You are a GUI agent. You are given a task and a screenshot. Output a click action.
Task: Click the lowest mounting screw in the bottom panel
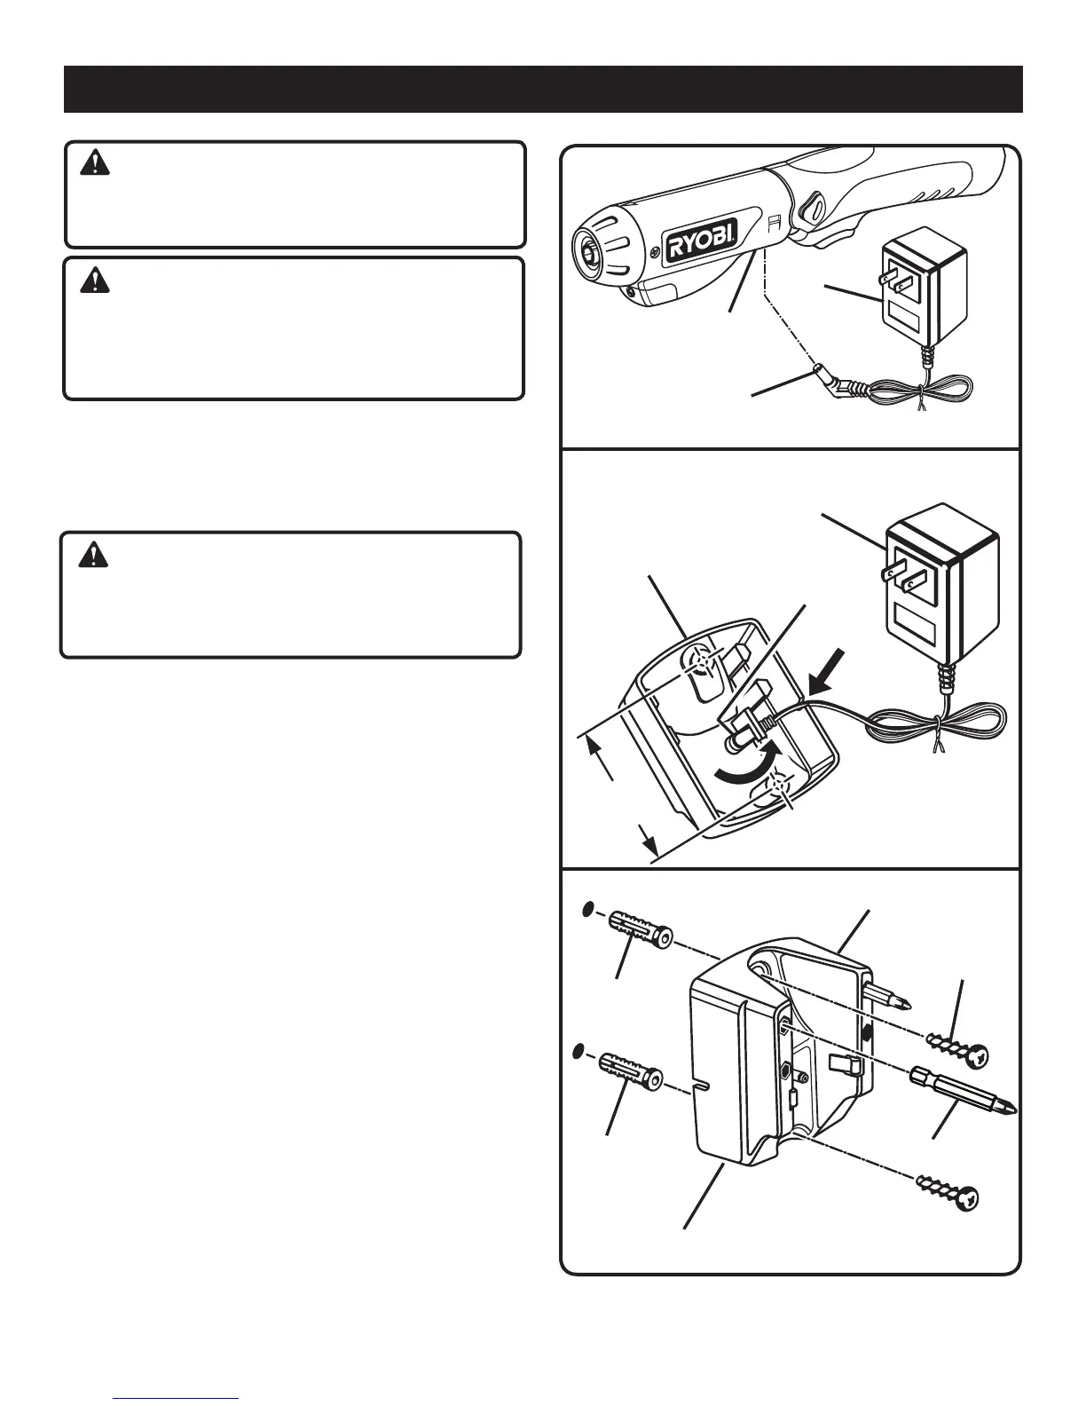tap(947, 1191)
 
